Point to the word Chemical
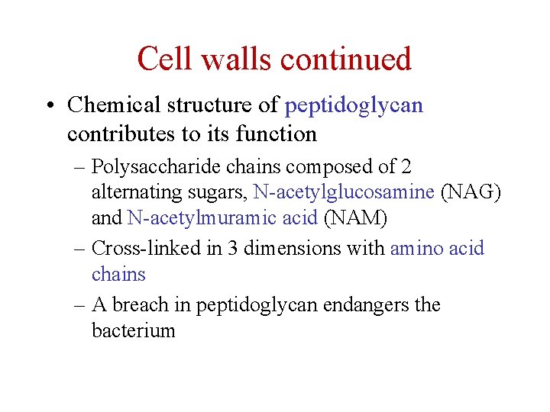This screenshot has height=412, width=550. pos(115,105)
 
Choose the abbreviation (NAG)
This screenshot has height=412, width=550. pos(471,192)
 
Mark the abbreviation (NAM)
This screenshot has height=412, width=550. pos(356,218)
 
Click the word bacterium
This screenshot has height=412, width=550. pos(134,330)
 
